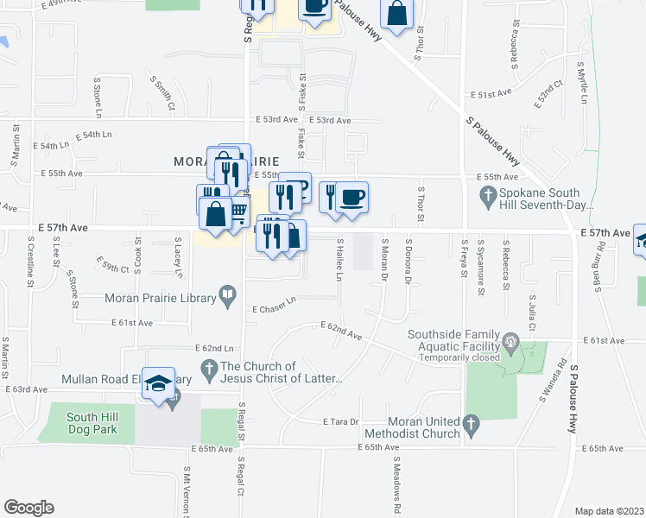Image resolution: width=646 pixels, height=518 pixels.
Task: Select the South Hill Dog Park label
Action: [x=97, y=424]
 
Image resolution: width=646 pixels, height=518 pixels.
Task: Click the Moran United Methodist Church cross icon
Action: [x=471, y=425]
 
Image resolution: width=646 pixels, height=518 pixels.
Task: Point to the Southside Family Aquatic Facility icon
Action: [x=511, y=344]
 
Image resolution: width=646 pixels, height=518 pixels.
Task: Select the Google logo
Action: [x=28, y=507]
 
